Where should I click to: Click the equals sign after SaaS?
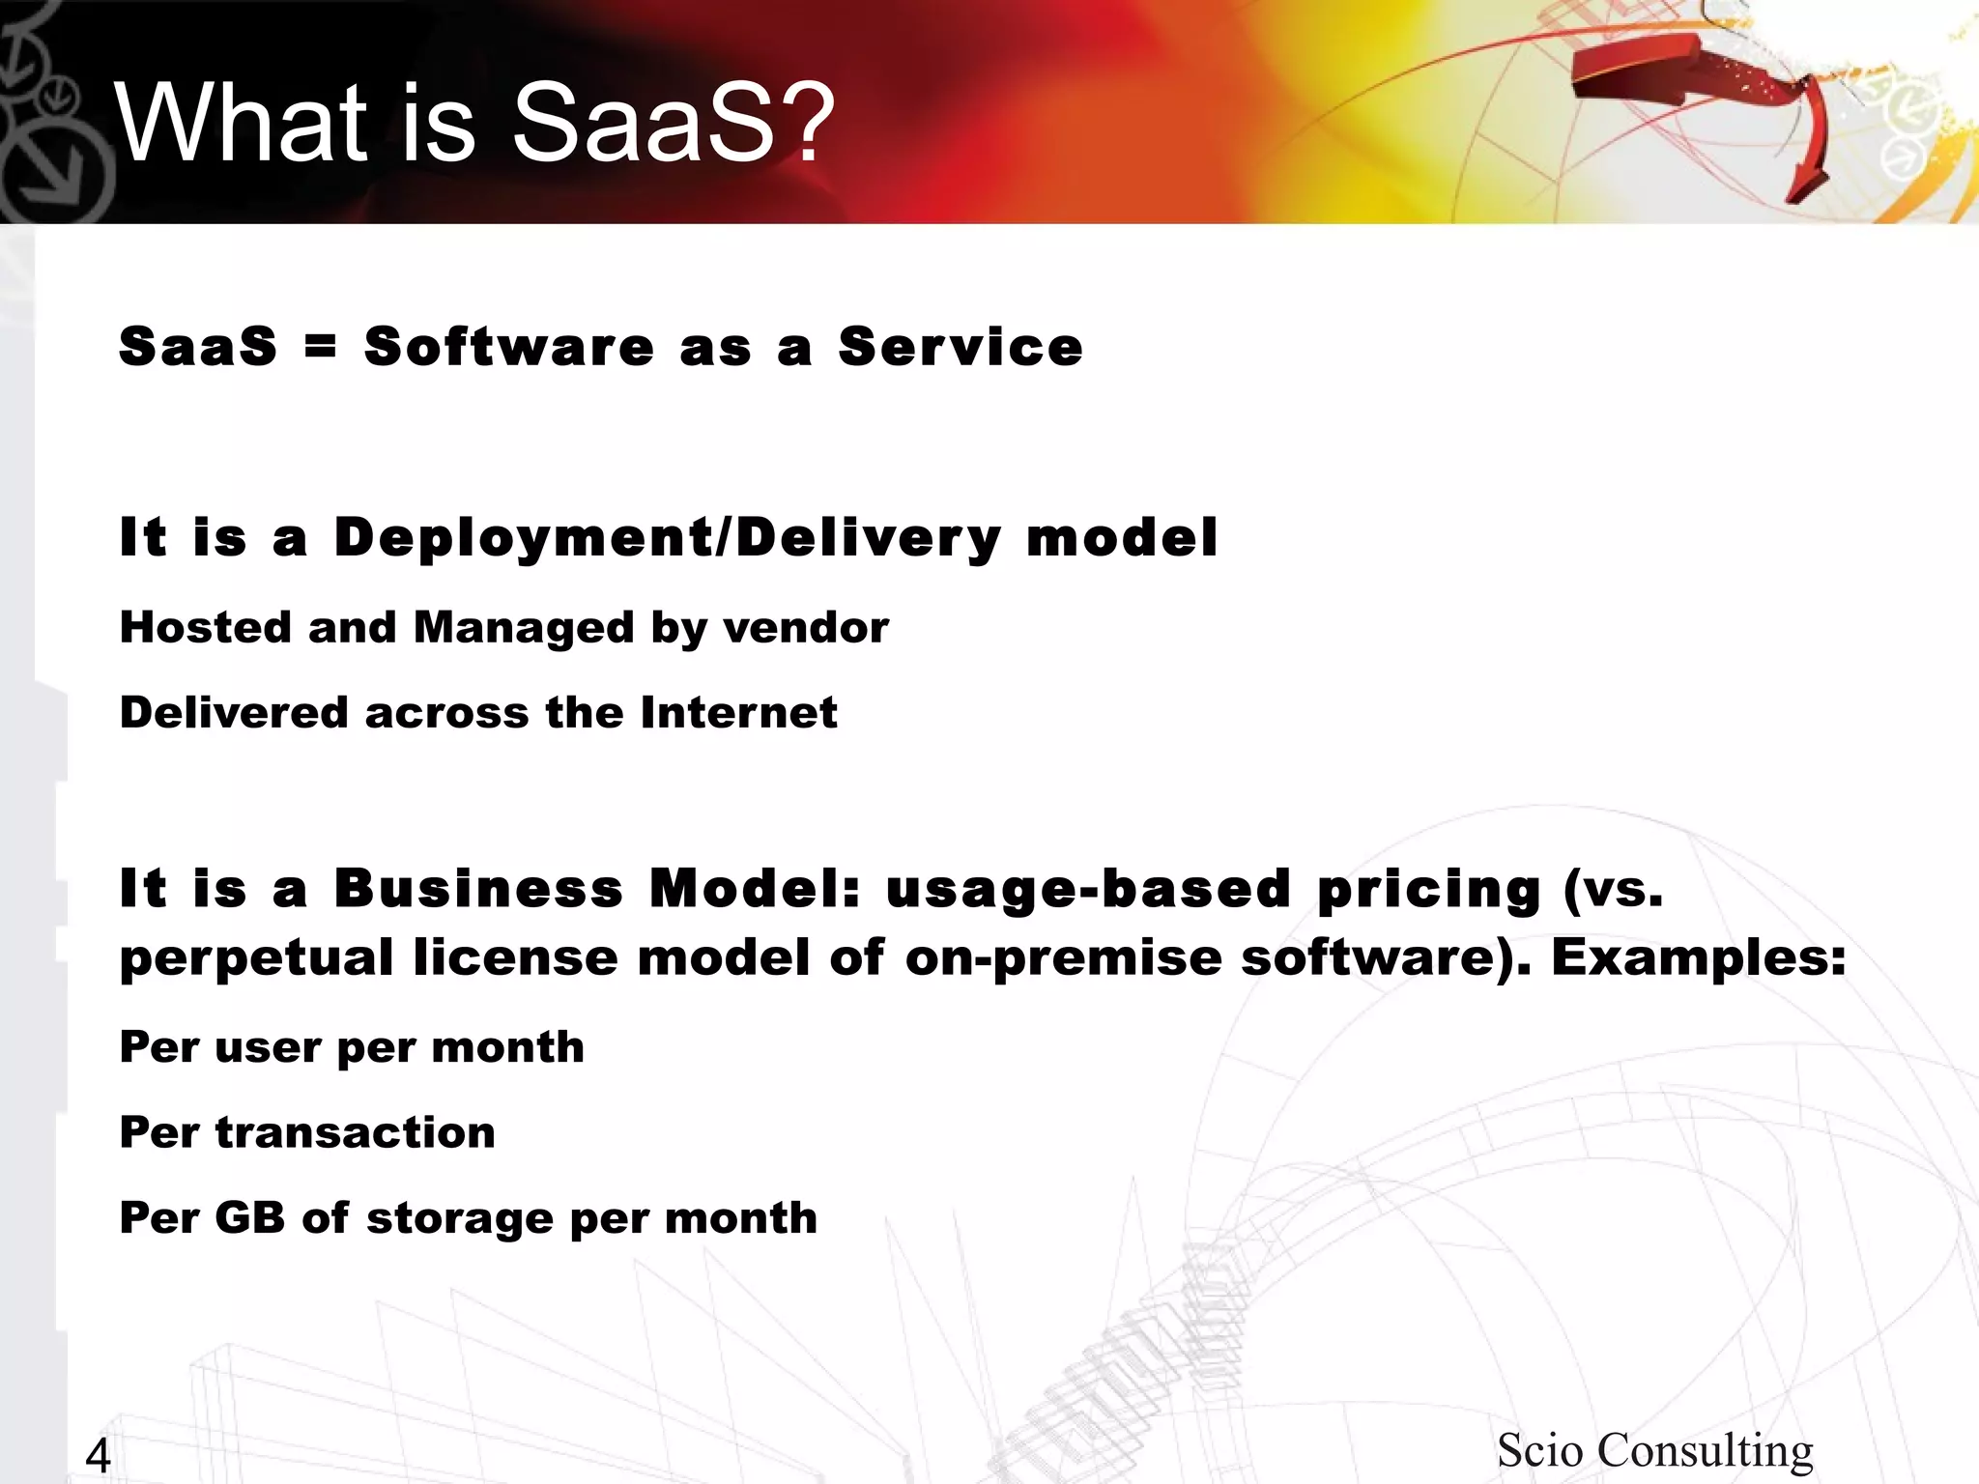pos(320,346)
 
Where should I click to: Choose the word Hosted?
pos(205,627)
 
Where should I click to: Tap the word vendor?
pos(806,629)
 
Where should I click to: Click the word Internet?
pos(738,713)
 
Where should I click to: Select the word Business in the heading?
pos(478,888)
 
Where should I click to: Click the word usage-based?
pos(1088,888)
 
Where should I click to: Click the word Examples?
pos(1699,957)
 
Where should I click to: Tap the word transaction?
pos(355,1132)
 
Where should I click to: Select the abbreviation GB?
pos(249,1217)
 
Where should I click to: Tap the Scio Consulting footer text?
pos(1654,1450)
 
